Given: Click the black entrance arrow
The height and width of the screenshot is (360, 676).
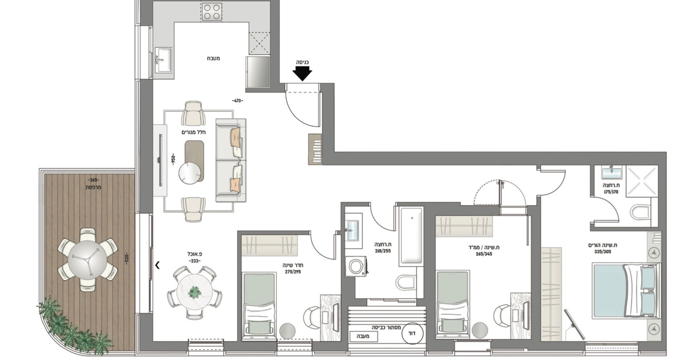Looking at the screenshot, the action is pos(302,73).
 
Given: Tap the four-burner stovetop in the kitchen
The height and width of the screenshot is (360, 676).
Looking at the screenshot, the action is pos(211,12).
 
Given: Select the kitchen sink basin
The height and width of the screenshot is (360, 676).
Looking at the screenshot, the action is pos(163,60).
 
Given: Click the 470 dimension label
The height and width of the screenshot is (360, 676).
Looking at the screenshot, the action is pos(238,101).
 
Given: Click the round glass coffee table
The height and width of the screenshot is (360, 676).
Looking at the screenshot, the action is pos(190,173).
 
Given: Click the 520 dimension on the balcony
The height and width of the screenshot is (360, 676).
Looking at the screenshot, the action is pos(127,258).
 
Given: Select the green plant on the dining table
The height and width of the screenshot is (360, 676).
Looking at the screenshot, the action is pos(195,292).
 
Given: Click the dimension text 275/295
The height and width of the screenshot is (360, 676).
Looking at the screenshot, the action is pos(293,272).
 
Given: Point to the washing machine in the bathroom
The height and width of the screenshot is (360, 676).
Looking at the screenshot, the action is pos(356,266).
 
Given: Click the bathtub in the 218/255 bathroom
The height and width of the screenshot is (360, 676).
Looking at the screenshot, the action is pos(411,236).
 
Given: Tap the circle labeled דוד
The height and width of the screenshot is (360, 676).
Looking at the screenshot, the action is pos(412,333).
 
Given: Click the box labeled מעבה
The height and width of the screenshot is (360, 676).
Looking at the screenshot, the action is pos(364,336).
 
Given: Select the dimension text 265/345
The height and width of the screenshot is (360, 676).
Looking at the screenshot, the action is pos(484,254).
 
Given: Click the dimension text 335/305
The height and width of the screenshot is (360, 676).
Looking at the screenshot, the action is pos(602,252).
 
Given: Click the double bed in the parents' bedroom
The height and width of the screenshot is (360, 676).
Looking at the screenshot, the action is pos(626,291).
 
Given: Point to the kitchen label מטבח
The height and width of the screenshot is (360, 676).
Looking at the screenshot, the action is pos(213,58).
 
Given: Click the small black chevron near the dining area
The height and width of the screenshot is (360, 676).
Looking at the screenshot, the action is pos(157,265).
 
